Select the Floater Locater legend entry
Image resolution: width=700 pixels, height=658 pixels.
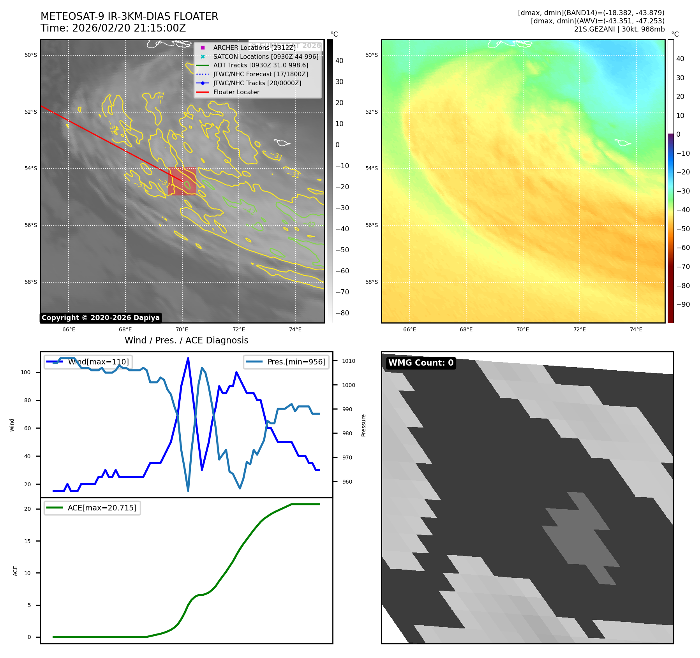pyautogui.click(x=236, y=92)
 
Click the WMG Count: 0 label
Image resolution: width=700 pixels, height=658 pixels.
pyautogui.click(x=421, y=363)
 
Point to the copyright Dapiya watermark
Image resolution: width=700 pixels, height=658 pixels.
pyautogui.click(x=101, y=318)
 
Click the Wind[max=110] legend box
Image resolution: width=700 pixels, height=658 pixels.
pyautogui.click(x=88, y=362)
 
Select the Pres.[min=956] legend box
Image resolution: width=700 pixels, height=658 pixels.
pyautogui.click(x=286, y=362)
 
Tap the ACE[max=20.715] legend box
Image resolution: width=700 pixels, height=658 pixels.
pyautogui.click(x=92, y=508)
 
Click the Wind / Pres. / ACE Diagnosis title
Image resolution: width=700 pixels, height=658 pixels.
pyautogui.click(x=186, y=340)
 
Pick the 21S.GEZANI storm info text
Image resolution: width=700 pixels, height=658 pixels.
pyautogui.click(x=619, y=29)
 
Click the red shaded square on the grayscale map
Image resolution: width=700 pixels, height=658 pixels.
pyautogui.click(x=182, y=181)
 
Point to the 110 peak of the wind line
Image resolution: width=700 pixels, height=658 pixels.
pyautogui.click(x=188, y=358)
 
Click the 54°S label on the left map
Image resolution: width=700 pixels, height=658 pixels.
pyautogui.click(x=31, y=169)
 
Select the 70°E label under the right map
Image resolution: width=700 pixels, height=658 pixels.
pyautogui.click(x=523, y=330)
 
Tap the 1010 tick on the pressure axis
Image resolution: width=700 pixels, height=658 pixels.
pyautogui.click(x=349, y=361)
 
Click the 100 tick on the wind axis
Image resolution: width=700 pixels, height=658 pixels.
pyautogui.click(x=25, y=372)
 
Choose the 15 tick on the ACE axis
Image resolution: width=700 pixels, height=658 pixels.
pyautogui.click(x=27, y=541)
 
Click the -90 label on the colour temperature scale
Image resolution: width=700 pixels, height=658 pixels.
pyautogui.click(x=683, y=304)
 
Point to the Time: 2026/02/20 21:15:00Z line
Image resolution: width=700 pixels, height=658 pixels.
pyautogui.click(x=113, y=28)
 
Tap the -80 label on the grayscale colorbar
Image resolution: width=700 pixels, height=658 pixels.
pyautogui.click(x=342, y=313)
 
